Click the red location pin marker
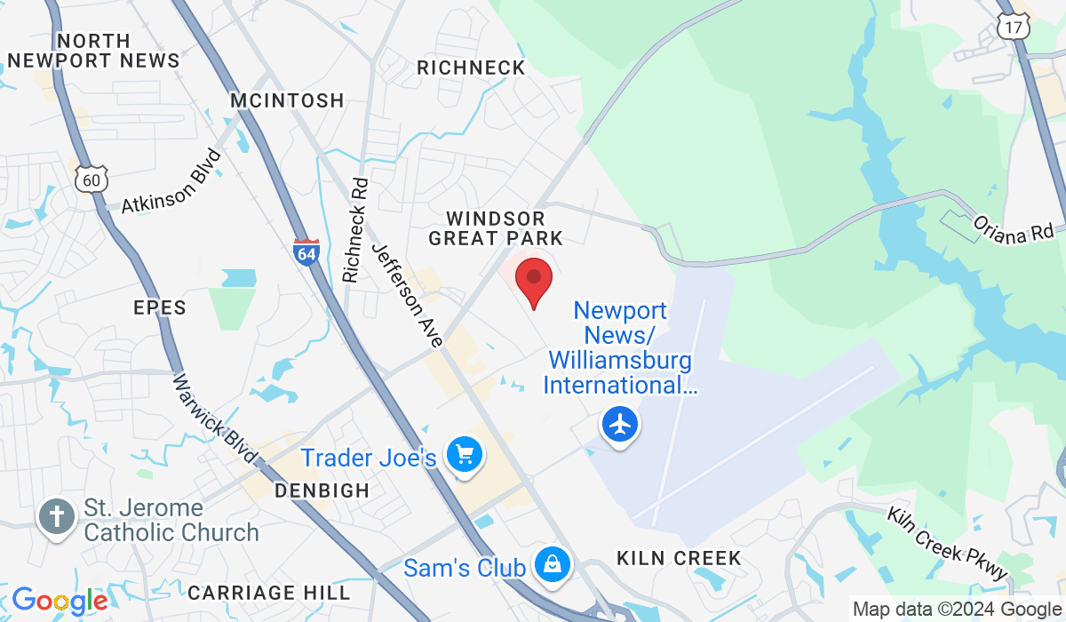534,279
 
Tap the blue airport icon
620,425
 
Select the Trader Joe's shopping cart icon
464,457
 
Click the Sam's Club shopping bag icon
552,565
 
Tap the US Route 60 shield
91,179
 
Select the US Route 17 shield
1013,27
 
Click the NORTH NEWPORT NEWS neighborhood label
93,51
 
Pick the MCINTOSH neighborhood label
287,100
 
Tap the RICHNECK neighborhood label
471,68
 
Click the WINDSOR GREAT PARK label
496,228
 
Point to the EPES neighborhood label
160,308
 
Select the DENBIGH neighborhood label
322,490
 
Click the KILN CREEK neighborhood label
680,558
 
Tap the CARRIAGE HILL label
269,592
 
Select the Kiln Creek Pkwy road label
949,543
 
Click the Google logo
60,602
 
